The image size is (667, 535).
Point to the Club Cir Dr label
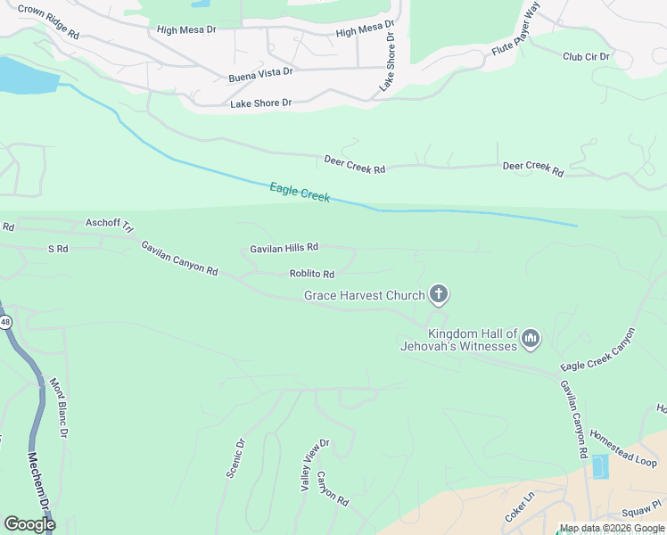click(x=586, y=56)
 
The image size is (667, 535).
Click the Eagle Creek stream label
click(x=300, y=192)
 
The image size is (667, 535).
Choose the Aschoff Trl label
click(x=108, y=223)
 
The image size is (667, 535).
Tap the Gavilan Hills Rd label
click(x=284, y=247)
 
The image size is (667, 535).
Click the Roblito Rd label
click(x=312, y=274)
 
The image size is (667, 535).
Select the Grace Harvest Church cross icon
click(x=438, y=293)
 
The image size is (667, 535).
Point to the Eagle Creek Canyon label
click(x=598, y=350)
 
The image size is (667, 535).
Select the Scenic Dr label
click(x=235, y=457)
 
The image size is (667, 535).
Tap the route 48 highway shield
click(x=4, y=323)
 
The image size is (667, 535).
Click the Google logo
click(x=29, y=523)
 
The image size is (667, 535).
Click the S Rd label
click(x=58, y=249)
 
